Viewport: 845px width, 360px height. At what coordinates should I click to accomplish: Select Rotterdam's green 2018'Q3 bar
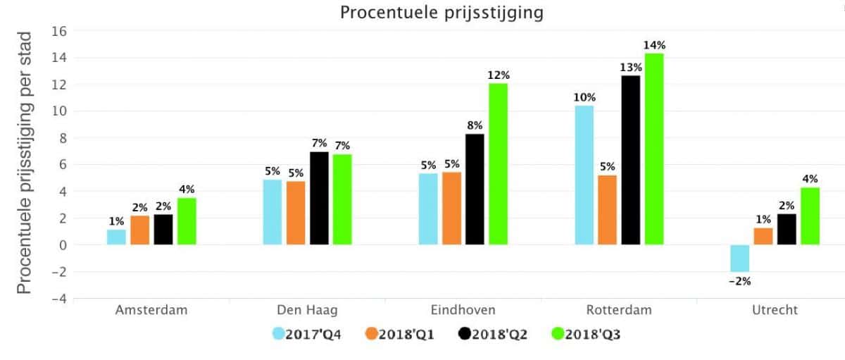tap(654, 149)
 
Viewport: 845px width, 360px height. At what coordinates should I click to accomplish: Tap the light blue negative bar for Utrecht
tap(739, 258)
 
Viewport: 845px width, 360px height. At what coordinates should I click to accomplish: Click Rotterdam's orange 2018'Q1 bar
tap(607, 210)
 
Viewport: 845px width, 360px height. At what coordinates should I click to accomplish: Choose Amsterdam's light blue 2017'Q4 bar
tap(116, 237)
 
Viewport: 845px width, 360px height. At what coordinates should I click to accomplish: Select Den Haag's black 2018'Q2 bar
tap(319, 198)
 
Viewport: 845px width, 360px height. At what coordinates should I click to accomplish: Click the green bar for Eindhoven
tap(498, 164)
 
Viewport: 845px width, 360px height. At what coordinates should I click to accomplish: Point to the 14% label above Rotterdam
tap(654, 46)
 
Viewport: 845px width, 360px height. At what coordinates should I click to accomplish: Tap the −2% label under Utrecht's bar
tap(739, 281)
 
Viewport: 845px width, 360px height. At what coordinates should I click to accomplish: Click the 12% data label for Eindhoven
tap(498, 75)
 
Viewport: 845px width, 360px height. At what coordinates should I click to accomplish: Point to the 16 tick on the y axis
tap(59, 31)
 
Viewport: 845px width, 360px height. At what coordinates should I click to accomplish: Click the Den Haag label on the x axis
tap(307, 310)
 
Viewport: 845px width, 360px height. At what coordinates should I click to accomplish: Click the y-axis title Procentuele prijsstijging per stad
tap(24, 162)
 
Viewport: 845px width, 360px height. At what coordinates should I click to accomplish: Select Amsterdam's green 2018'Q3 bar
tap(187, 221)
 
